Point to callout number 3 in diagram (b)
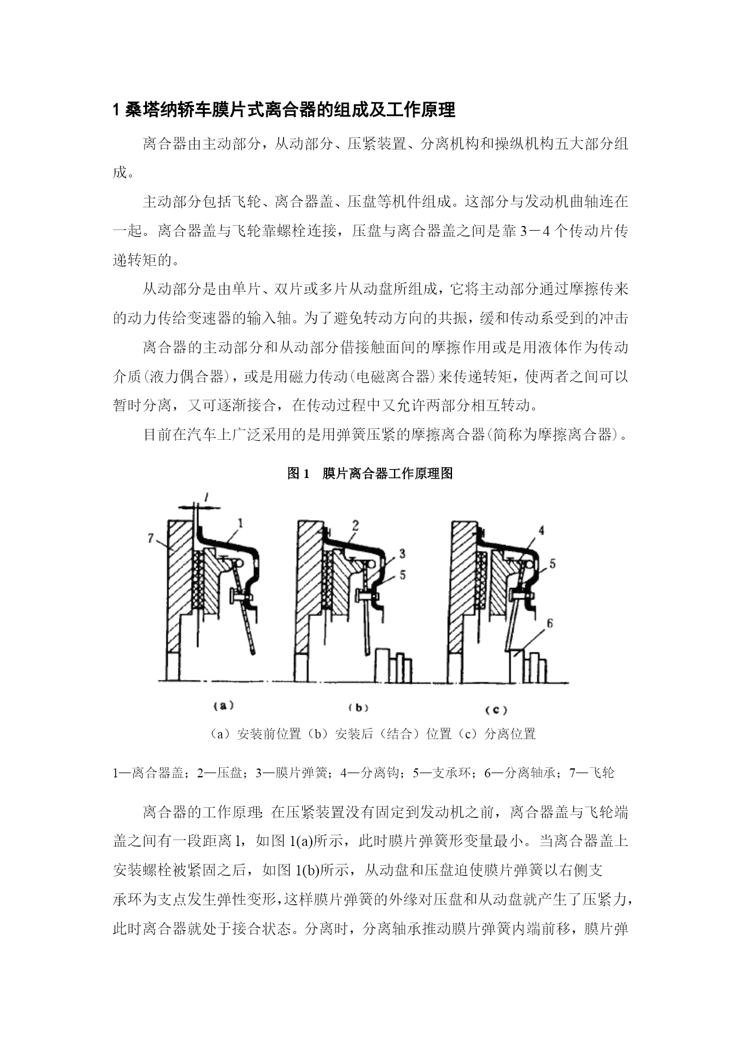tap(402, 553)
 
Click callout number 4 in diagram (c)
tap(541, 530)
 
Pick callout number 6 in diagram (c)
tap(550, 624)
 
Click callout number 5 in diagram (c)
tap(552, 563)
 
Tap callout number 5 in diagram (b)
tap(402, 575)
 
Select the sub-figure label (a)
tap(223, 706)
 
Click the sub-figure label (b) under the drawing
tap(358, 708)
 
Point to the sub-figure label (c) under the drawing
tap(496, 710)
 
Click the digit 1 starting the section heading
tap(117, 110)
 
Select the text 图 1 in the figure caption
tap(298, 474)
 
